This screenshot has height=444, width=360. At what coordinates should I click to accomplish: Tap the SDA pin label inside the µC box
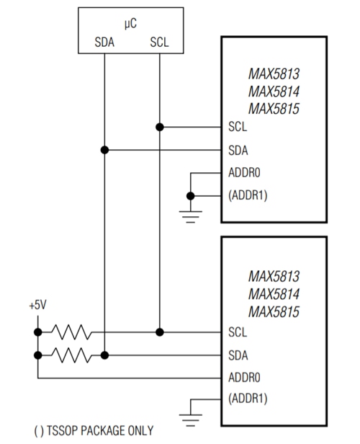[104, 42]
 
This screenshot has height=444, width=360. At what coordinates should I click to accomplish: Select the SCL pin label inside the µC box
[160, 42]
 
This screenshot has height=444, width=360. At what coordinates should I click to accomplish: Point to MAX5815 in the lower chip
[274, 311]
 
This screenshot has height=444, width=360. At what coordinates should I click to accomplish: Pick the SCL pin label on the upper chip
[237, 127]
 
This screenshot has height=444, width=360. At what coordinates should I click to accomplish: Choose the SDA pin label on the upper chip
[238, 150]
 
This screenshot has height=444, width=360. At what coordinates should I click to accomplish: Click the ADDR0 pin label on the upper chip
[243, 173]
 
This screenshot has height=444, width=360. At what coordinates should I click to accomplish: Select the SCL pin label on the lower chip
[237, 332]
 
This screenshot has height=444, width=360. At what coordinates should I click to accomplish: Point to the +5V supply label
[37, 305]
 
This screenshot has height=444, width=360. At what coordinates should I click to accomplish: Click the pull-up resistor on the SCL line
[70, 332]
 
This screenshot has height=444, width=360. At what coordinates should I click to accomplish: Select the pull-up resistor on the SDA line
[70, 355]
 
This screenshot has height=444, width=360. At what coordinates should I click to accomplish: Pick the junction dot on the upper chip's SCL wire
[160, 127]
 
